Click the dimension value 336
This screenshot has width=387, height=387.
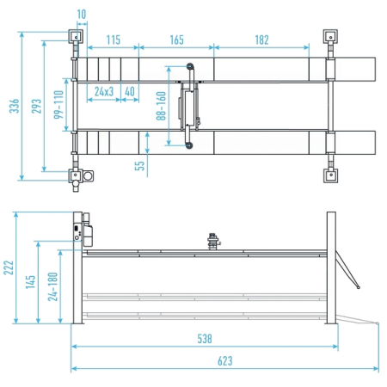[x=14, y=106]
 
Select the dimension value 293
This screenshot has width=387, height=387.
[x=36, y=106]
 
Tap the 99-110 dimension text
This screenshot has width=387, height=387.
[x=58, y=104]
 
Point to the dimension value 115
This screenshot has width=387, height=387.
[x=114, y=40]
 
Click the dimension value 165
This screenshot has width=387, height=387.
[x=176, y=40]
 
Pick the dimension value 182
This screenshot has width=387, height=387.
[x=261, y=40]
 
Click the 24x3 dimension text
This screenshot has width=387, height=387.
[x=104, y=91]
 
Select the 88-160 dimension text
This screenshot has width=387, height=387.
[x=161, y=106]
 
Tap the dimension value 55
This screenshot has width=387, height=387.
[x=139, y=166]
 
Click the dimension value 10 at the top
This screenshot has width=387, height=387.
[x=82, y=14]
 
